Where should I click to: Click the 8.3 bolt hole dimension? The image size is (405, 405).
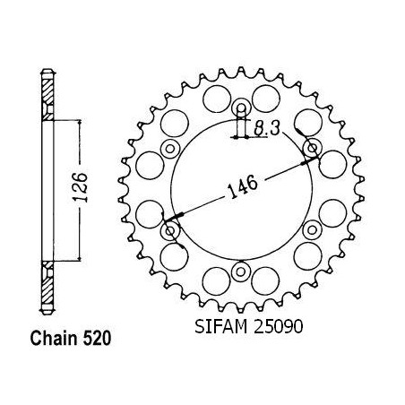click(266, 129)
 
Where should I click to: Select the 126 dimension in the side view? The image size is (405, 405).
click(81, 187)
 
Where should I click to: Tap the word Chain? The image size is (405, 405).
click(54, 339)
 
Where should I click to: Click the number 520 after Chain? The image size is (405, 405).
click(97, 339)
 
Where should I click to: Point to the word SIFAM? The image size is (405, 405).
click(220, 326)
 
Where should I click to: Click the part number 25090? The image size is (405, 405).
click(278, 326)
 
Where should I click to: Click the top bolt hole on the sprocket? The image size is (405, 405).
click(241, 108)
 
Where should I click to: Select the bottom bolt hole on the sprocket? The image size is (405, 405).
click(240, 271)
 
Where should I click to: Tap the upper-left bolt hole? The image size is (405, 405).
click(170, 148)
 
